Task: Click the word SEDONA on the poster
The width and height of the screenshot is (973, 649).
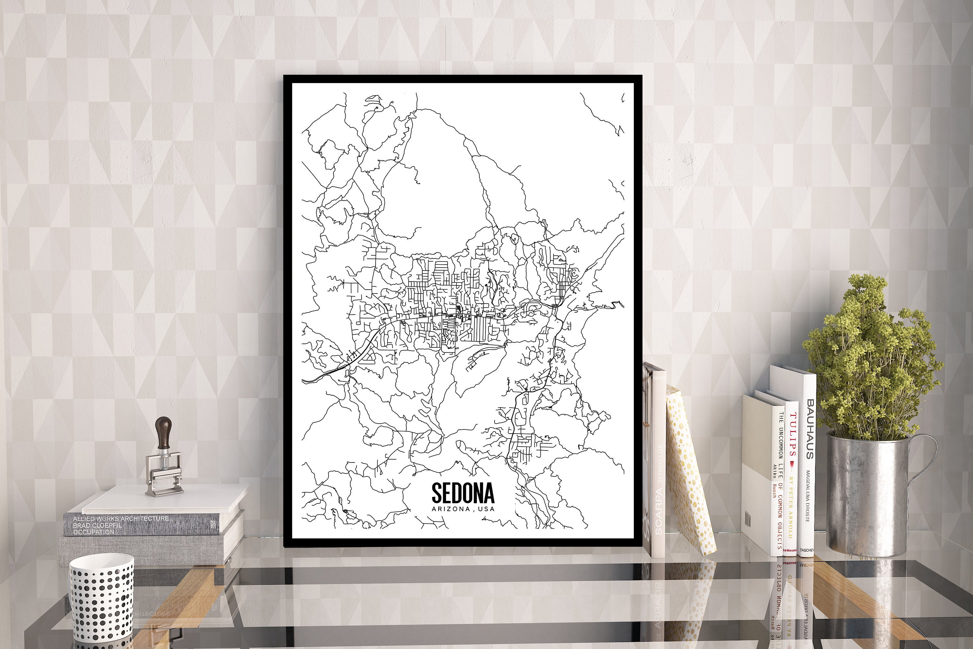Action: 463,493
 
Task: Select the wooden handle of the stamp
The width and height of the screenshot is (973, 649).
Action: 163,433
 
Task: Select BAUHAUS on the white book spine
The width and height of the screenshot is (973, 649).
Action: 810,429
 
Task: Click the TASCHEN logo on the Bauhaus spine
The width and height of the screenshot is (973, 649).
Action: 806,550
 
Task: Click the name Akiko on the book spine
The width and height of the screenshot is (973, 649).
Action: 775,472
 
